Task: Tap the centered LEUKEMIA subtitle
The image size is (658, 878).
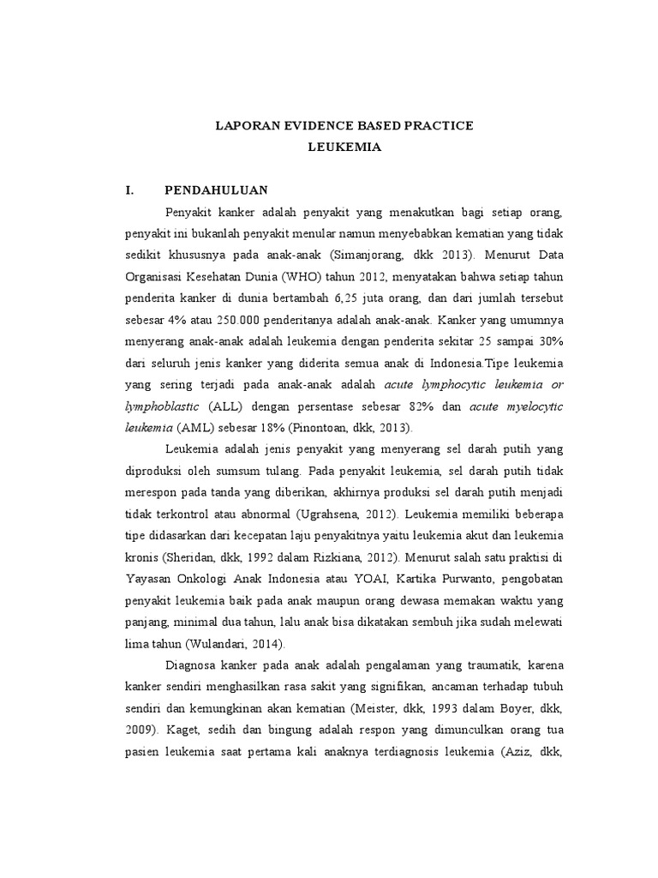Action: (x=344, y=147)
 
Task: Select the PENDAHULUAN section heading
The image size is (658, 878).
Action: (x=217, y=190)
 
